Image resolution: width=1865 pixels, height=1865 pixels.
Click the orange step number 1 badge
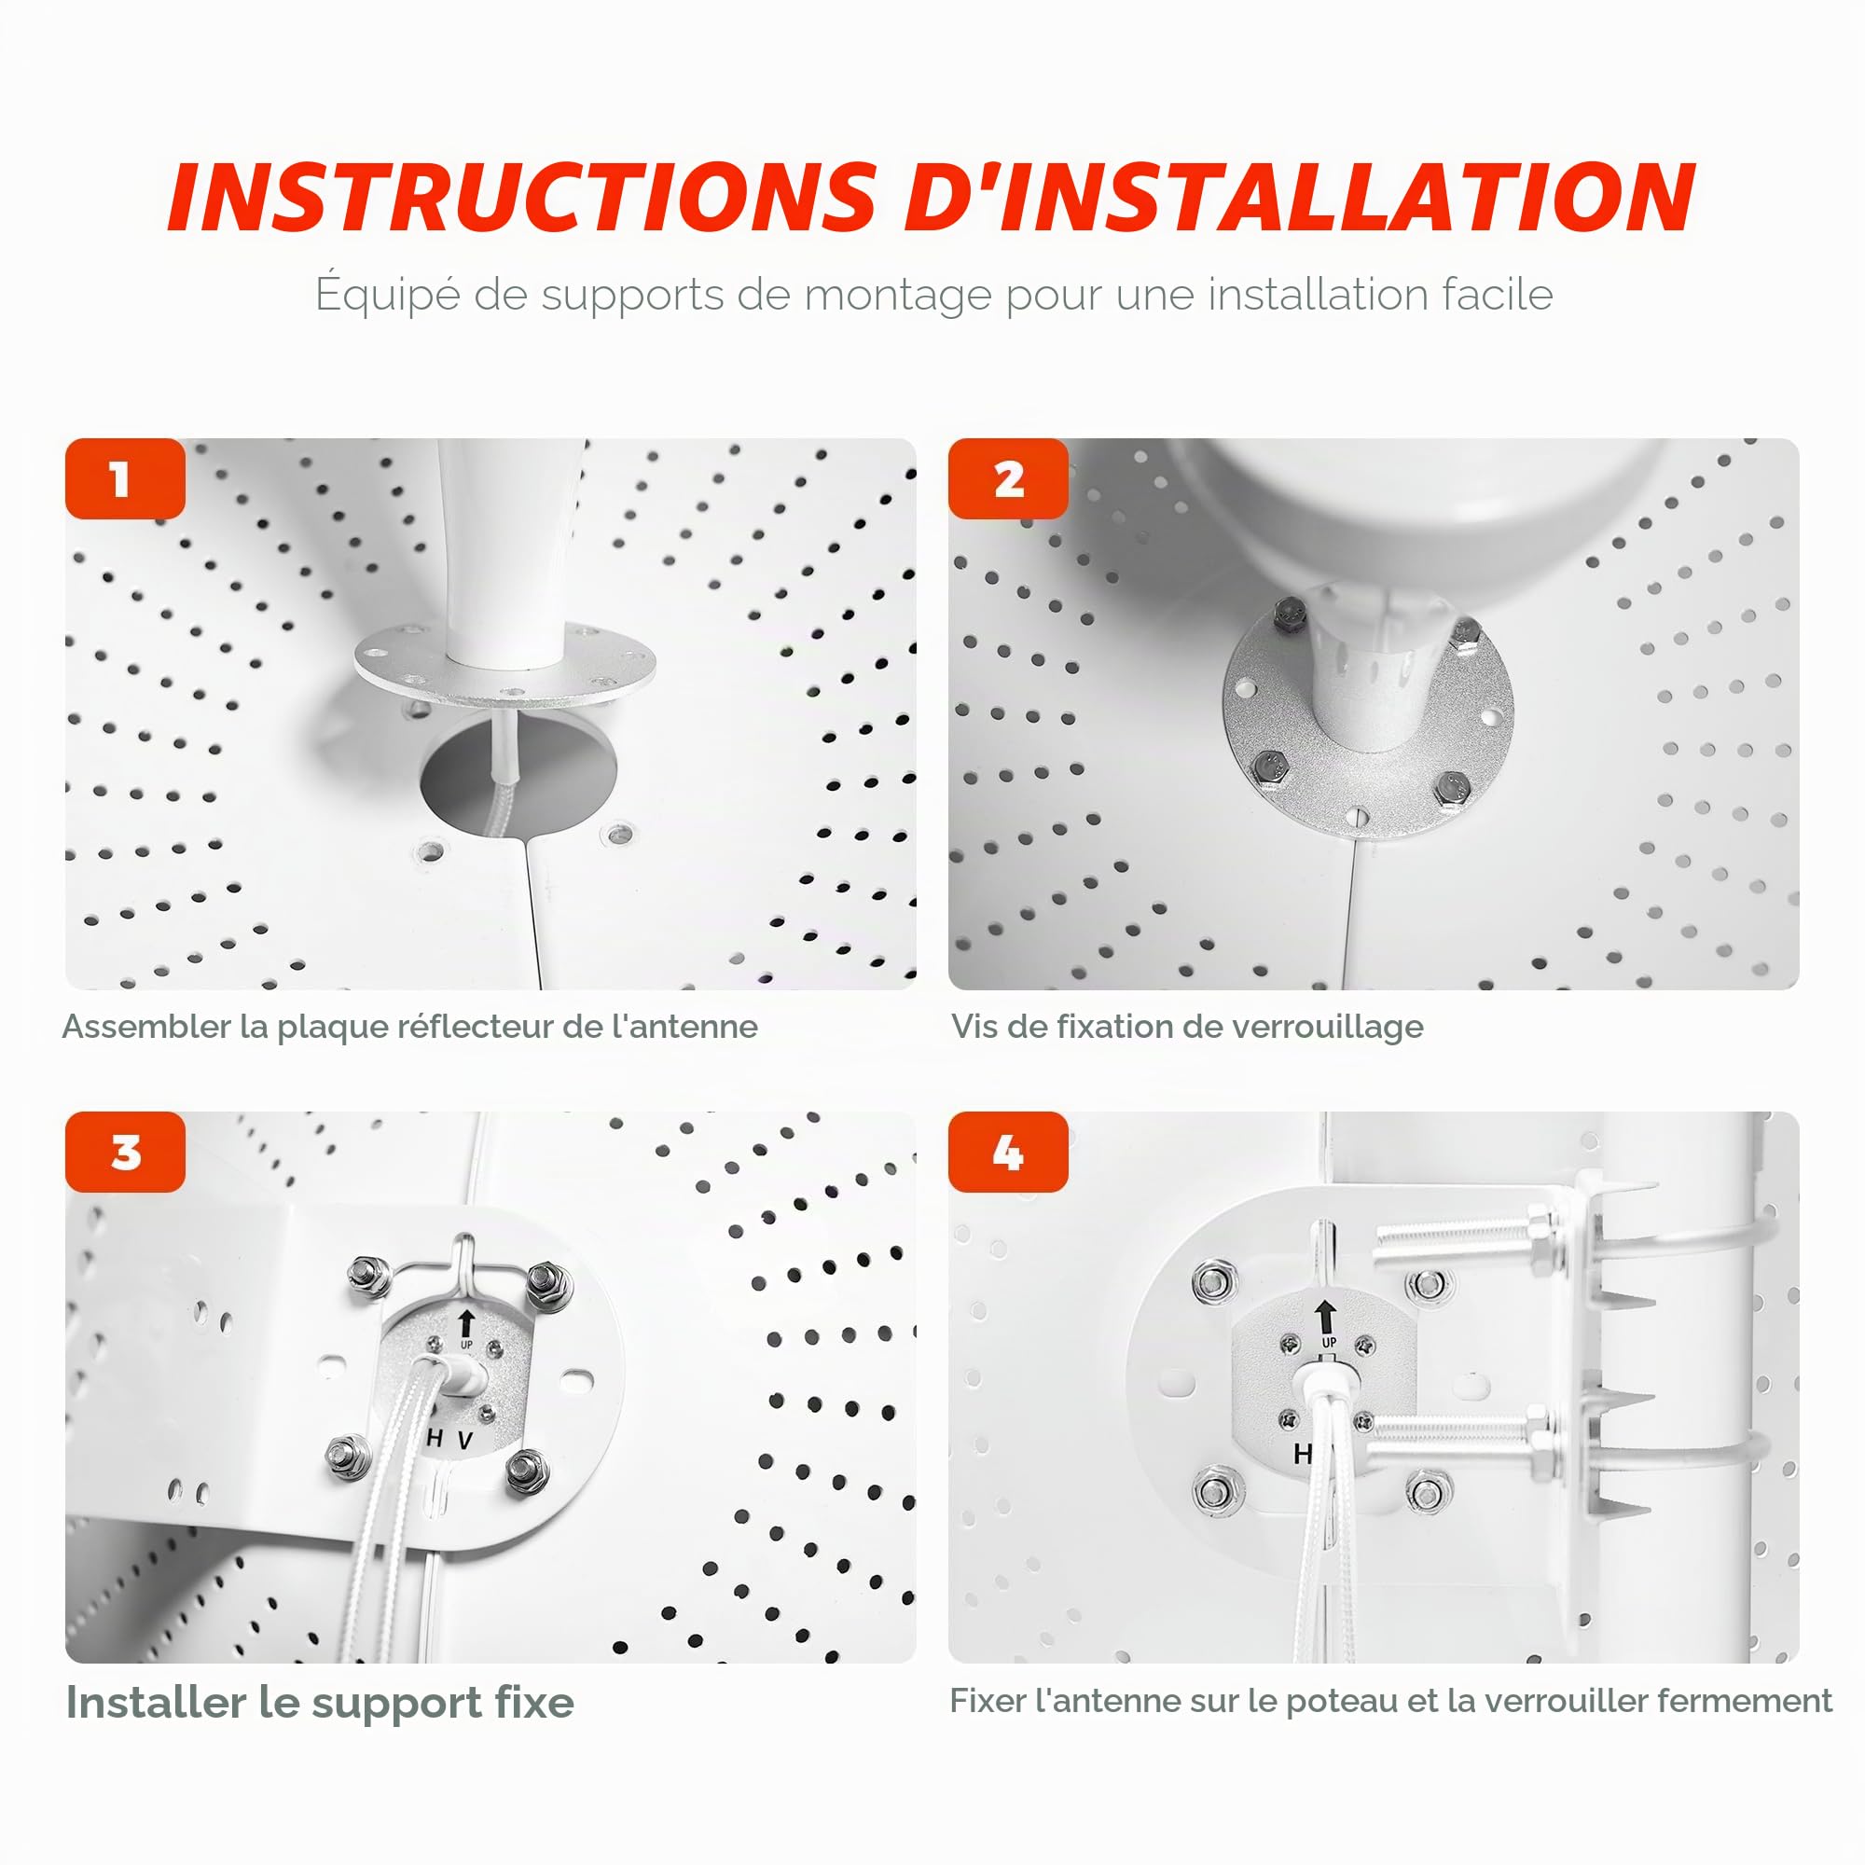point(126,478)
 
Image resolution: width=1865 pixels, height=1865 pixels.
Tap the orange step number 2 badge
point(1008,478)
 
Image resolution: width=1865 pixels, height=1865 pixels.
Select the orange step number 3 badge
point(126,1152)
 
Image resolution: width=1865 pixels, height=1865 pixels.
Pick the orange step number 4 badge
point(1008,1152)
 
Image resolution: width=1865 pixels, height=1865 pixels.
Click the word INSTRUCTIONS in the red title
point(522,198)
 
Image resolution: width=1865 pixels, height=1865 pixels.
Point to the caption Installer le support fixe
point(320,1702)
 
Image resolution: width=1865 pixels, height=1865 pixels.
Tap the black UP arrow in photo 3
point(466,1323)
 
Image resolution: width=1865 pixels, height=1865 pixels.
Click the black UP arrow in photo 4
point(1326,1317)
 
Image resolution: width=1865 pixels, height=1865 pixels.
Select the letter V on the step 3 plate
point(465,1442)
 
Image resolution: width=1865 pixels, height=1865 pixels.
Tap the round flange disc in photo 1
point(504,666)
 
